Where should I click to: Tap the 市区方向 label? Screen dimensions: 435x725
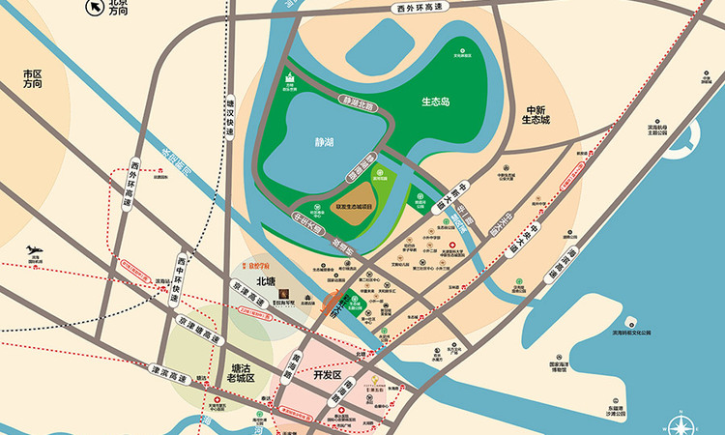[34, 78]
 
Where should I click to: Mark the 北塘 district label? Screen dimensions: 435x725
[267, 281]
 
